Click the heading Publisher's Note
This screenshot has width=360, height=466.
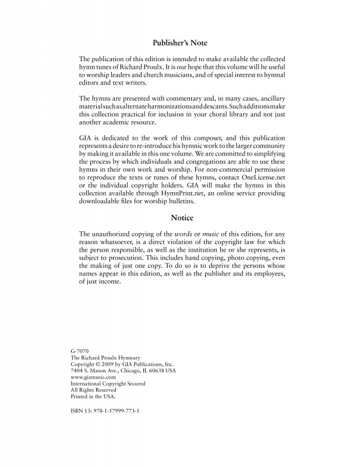(179, 43)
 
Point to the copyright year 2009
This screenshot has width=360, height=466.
(117, 364)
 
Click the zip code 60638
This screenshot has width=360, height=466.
(156, 370)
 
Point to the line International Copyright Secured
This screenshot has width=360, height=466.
(108, 384)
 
